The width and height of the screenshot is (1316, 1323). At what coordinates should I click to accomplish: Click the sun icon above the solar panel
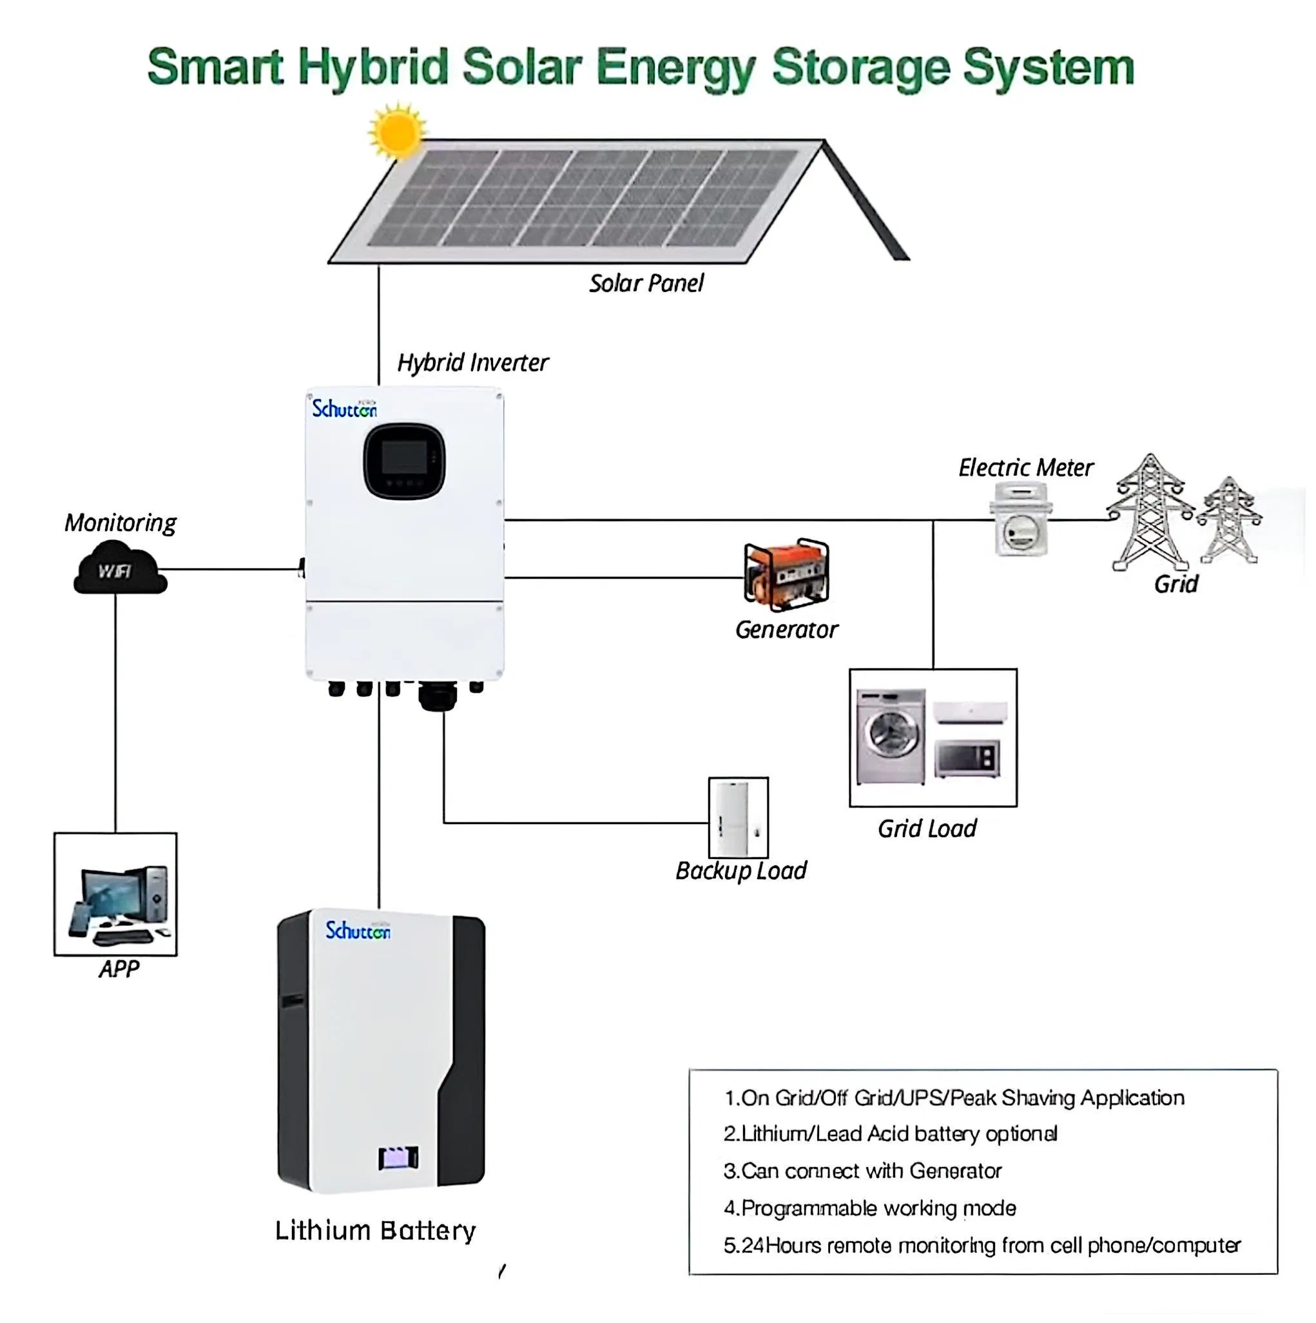click(396, 131)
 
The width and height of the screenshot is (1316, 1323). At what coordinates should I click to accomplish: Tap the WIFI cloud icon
click(119, 568)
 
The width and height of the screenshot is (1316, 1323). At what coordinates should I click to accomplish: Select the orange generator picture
click(786, 574)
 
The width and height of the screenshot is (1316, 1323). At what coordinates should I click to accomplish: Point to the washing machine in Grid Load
click(890, 736)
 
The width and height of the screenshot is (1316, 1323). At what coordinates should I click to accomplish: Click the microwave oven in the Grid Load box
click(967, 758)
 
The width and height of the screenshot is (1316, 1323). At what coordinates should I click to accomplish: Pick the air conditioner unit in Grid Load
click(969, 712)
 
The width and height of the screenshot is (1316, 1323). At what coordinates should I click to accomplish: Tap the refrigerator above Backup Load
click(737, 817)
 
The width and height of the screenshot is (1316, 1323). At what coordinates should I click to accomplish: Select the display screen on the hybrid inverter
click(404, 460)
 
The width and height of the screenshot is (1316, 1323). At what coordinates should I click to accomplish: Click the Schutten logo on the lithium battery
click(358, 931)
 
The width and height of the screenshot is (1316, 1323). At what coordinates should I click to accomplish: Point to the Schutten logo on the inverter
click(344, 409)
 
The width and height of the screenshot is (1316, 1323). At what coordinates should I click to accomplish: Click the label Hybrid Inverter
click(472, 363)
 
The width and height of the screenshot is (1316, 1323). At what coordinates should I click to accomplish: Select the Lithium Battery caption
click(374, 1231)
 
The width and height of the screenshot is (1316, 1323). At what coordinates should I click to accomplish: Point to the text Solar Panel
click(646, 284)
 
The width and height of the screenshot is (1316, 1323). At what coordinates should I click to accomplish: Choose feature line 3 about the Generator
click(862, 1171)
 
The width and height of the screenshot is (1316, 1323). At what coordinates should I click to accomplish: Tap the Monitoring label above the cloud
click(121, 523)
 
